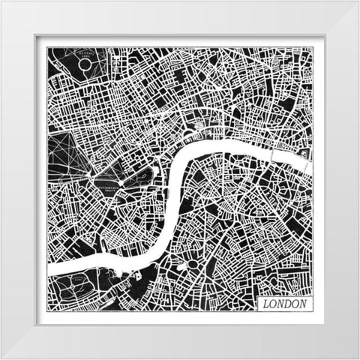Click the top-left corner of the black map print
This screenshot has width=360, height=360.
pyautogui.click(x=47, y=47)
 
